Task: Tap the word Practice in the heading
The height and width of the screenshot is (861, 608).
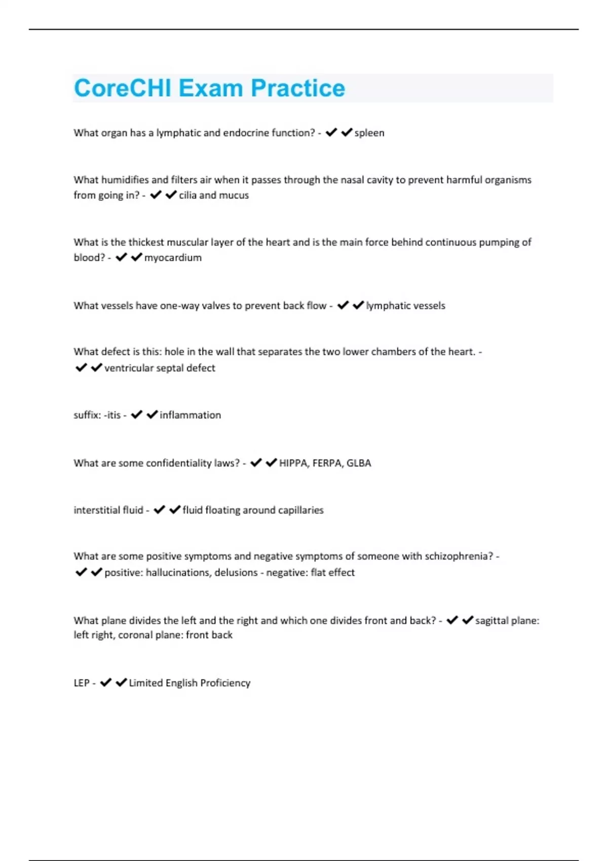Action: click(x=298, y=88)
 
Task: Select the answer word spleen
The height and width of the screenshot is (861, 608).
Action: click(x=369, y=133)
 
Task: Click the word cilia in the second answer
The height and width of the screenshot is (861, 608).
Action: click(x=187, y=195)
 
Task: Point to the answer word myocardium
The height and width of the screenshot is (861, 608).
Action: click(x=173, y=258)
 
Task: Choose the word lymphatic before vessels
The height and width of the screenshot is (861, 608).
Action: click(x=386, y=305)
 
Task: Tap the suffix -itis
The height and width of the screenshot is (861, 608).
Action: click(x=112, y=415)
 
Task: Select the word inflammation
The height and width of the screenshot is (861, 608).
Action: click(x=191, y=415)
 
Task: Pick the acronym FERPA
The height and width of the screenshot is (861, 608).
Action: click(x=327, y=463)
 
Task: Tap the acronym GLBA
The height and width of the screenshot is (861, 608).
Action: click(x=359, y=463)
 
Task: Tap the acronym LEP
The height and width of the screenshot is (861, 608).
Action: click(x=82, y=683)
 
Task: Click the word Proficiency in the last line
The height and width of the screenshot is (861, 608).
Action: click(x=225, y=683)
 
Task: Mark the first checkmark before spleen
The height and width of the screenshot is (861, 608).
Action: click(x=331, y=133)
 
